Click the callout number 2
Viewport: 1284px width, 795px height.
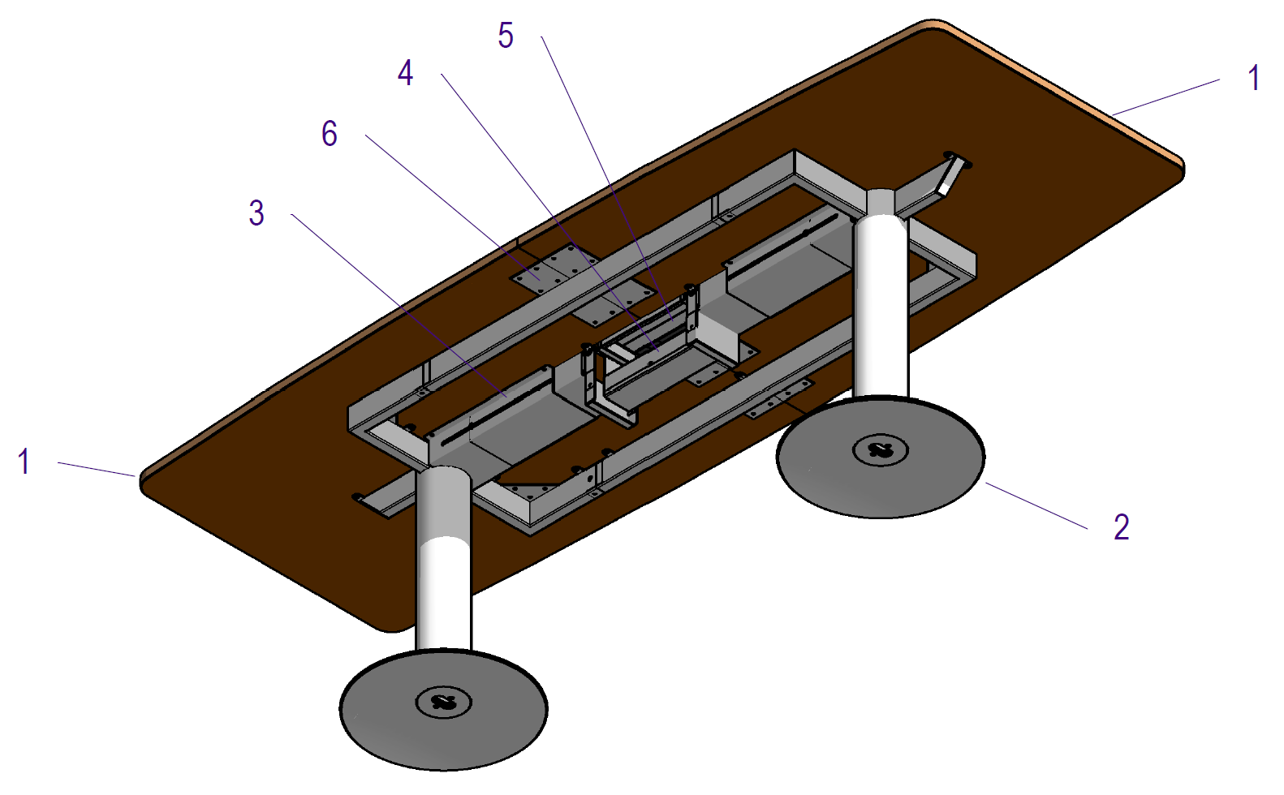[x=1121, y=527]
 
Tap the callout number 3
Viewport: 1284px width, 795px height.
[x=256, y=213]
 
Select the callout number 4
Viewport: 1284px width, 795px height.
[x=405, y=73]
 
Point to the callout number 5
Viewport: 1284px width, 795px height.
[x=505, y=36]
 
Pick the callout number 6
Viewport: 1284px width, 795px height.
[x=329, y=134]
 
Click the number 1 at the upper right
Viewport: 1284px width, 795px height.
[x=1253, y=78]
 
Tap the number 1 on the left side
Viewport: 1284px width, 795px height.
[x=24, y=462]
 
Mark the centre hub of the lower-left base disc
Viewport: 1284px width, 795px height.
[x=443, y=702]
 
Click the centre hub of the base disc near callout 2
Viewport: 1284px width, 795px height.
[x=881, y=449]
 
